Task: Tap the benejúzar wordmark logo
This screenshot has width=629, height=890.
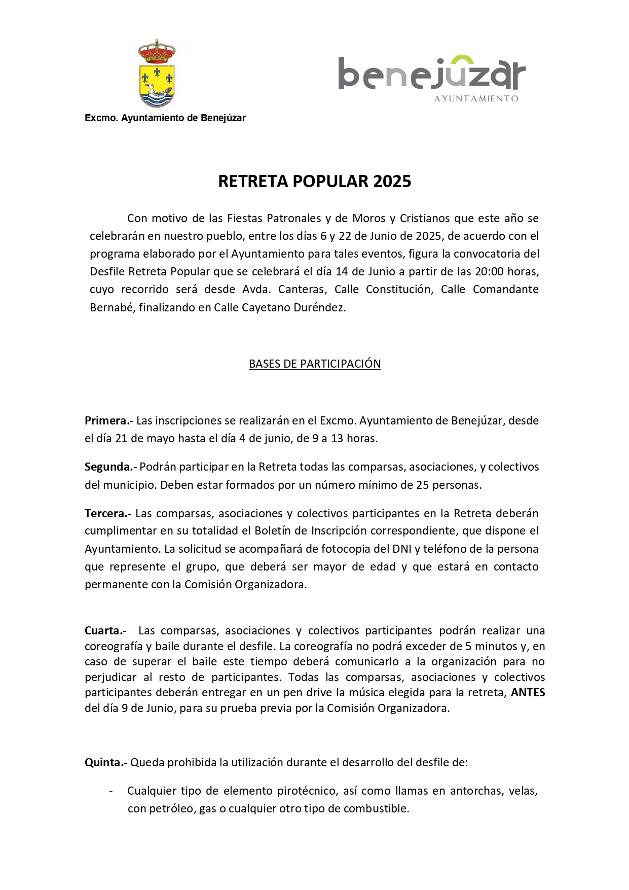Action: coord(431,74)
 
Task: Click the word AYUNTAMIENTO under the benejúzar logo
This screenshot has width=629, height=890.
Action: coord(476,98)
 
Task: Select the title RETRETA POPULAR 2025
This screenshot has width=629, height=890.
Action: coord(314,181)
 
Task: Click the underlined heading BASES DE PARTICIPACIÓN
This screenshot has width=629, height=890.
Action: coord(314,364)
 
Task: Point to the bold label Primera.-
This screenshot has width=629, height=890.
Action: coord(108,420)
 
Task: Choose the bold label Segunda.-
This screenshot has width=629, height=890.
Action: coord(110,467)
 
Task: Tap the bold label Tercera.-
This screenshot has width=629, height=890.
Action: coord(108,513)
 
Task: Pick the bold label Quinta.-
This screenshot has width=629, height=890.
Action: coord(106,762)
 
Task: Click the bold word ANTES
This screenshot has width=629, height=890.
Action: coord(528,692)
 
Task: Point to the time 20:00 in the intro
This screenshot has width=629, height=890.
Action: coord(489,271)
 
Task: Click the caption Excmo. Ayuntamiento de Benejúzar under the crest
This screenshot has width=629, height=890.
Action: coord(165,118)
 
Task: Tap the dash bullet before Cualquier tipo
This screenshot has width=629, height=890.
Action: coord(111,791)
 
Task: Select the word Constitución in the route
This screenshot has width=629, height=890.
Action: coord(398,289)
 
